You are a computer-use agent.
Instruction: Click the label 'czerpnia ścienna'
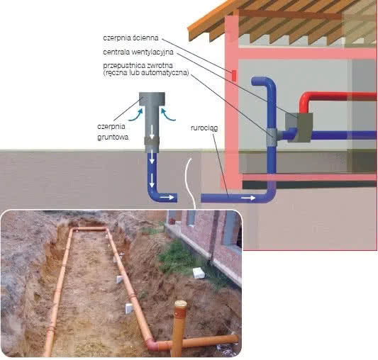click(130, 38)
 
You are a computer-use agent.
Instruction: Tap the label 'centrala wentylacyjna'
click(138, 52)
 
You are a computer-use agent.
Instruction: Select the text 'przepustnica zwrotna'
click(138, 65)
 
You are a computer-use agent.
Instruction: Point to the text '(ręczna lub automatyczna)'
click(146, 72)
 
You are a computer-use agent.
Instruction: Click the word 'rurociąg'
click(204, 128)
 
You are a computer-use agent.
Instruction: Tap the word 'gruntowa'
click(113, 137)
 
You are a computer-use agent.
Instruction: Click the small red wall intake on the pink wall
click(233, 75)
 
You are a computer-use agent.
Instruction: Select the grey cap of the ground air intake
click(152, 99)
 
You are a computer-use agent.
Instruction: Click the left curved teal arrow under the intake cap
click(135, 115)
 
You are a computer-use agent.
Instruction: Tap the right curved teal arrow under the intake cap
click(168, 114)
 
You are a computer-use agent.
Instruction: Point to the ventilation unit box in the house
click(299, 128)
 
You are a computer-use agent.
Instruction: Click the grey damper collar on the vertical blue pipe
click(272, 137)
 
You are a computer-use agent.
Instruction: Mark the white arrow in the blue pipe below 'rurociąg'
click(248, 198)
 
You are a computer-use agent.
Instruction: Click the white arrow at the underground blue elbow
click(167, 197)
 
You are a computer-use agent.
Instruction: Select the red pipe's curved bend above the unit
click(304, 99)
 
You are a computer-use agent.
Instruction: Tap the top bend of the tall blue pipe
click(262, 81)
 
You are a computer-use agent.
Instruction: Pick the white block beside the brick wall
click(199, 273)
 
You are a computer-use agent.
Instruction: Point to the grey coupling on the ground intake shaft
click(152, 141)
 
